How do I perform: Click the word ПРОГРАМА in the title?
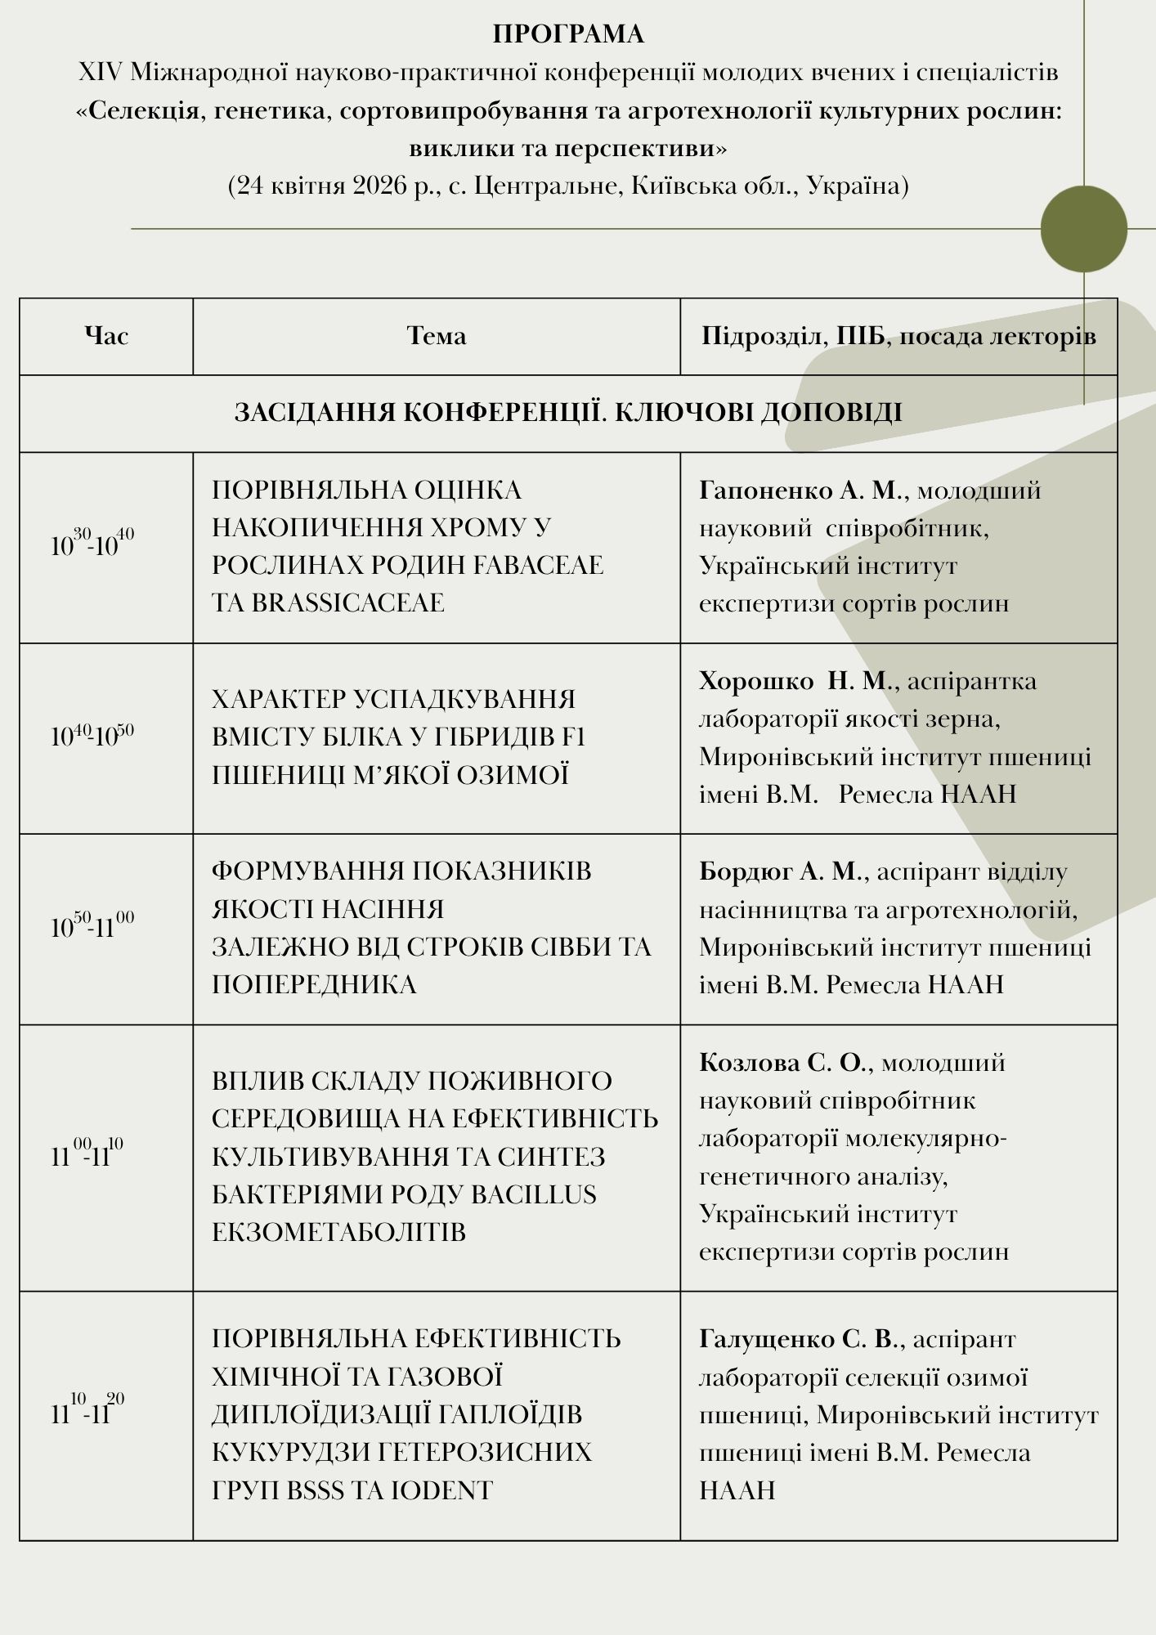click(568, 34)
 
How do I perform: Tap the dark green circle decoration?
click(1083, 229)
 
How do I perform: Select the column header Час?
click(106, 336)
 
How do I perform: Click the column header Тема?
click(437, 336)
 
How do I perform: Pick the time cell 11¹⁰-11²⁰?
click(87, 1413)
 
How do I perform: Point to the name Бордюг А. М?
click(781, 872)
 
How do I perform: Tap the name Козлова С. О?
click(782, 1063)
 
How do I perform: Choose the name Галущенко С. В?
click(799, 1339)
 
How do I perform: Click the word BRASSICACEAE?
click(348, 603)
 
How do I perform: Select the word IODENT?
click(442, 1490)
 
